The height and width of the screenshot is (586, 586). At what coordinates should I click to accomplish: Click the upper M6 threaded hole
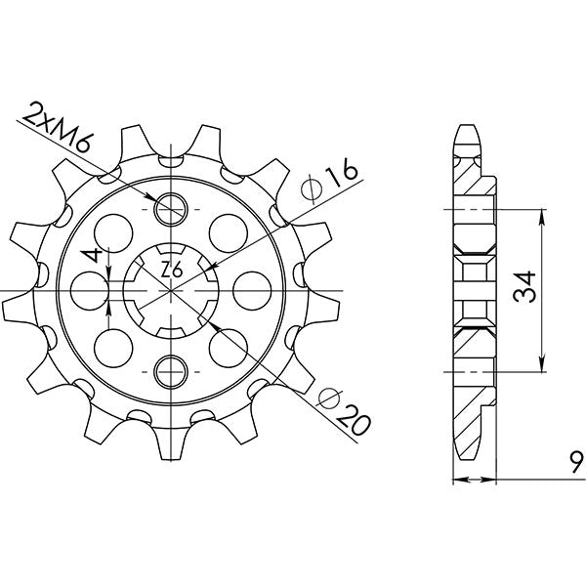tap(171, 207)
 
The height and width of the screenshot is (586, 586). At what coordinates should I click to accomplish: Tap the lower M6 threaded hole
tap(171, 369)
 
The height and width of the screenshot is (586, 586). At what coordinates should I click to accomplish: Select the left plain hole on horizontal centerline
tap(91, 289)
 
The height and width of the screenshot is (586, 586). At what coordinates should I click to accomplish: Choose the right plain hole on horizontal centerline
tap(251, 289)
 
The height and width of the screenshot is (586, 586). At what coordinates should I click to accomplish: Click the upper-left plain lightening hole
tap(114, 231)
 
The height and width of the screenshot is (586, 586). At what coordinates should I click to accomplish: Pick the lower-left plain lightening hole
tap(114, 346)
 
